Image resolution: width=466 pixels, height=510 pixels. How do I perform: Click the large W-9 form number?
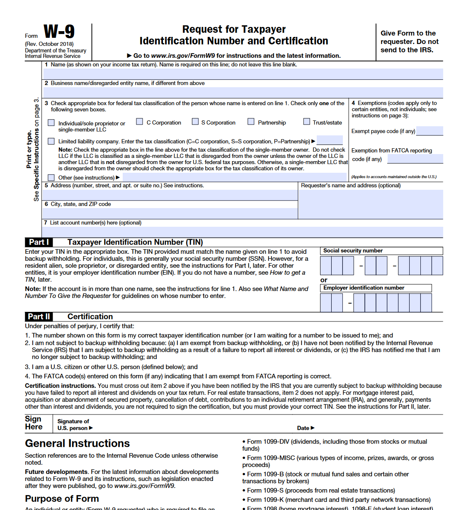[x=59, y=32]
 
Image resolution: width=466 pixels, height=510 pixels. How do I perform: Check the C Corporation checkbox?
[x=140, y=122]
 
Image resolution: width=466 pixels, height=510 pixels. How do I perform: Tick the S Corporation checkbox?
[x=195, y=122]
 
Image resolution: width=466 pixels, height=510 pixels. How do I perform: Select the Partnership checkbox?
[x=251, y=122]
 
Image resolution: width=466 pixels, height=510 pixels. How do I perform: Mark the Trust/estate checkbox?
[x=306, y=122]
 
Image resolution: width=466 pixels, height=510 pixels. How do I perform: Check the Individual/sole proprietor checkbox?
[x=51, y=123]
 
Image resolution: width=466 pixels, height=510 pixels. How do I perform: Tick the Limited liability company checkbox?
[x=51, y=141]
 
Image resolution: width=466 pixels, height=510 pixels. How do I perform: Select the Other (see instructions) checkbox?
[x=51, y=178]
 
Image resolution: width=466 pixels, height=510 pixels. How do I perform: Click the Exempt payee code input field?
[x=430, y=131]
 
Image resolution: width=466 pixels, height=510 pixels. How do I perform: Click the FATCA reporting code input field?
[x=415, y=159]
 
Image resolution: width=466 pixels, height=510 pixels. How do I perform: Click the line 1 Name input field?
[x=243, y=74]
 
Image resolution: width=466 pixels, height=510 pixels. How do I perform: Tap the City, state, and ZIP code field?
[x=170, y=213]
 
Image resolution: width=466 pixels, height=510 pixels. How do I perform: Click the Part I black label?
[x=39, y=242]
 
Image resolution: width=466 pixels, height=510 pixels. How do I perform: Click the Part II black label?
[x=39, y=316]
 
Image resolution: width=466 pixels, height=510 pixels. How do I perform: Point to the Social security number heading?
[x=353, y=251]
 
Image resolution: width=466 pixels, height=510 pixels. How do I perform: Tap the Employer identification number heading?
[x=364, y=288]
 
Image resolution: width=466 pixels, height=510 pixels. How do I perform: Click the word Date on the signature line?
[x=303, y=428]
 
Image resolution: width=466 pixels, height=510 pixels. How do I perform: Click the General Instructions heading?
[x=77, y=444]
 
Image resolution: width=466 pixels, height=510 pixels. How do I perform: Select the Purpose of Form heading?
[x=62, y=499]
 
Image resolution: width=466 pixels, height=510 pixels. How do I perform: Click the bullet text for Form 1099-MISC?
[x=338, y=461]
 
